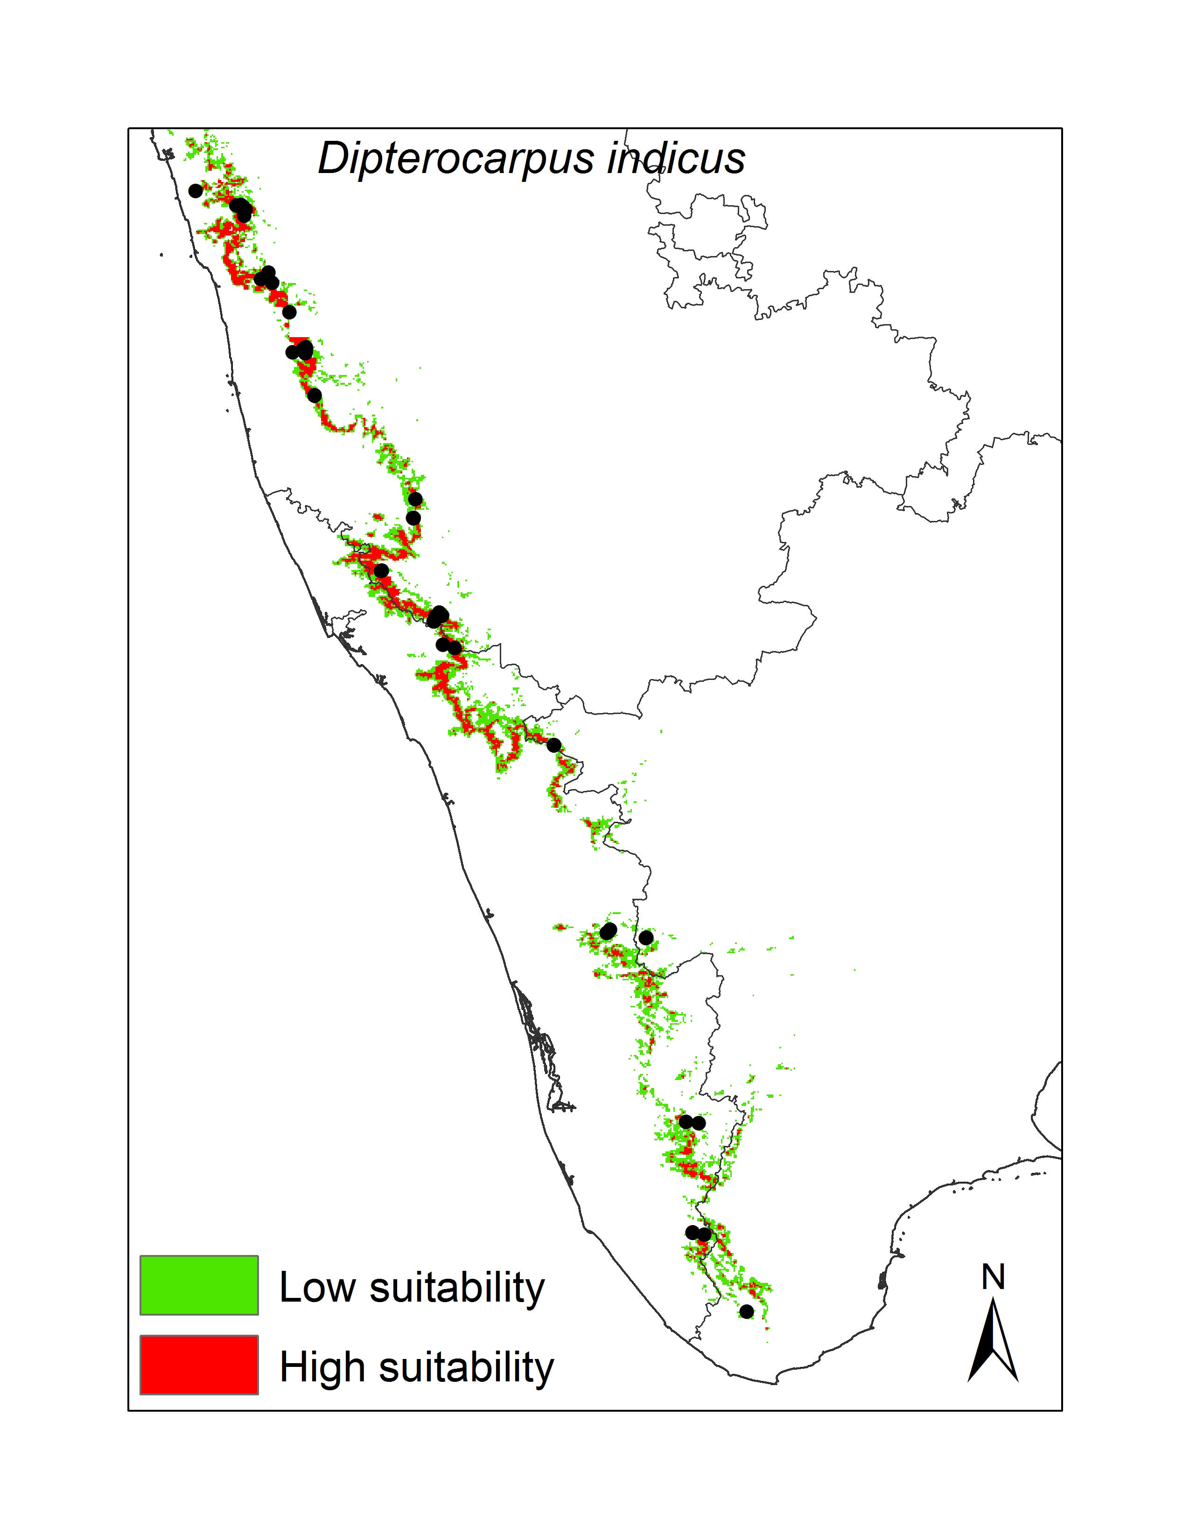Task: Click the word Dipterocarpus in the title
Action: click(456, 159)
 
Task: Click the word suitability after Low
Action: click(457, 1289)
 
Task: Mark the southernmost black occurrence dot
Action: click(747, 1311)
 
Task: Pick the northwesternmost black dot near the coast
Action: click(195, 191)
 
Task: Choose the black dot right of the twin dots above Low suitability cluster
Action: click(646, 937)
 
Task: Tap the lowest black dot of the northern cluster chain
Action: click(315, 395)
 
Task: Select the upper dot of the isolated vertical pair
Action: click(415, 499)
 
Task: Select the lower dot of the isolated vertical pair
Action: click(414, 518)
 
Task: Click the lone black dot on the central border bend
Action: click(553, 745)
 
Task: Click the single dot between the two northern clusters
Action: click(289, 312)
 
